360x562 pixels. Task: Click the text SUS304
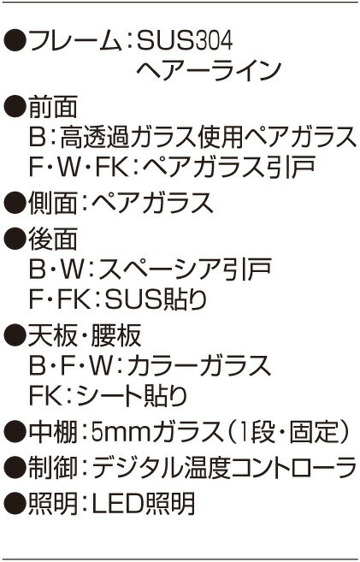(185, 41)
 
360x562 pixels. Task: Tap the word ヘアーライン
(208, 70)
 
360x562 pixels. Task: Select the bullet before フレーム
(15, 41)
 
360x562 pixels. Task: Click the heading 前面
(53, 107)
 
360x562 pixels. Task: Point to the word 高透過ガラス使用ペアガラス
(209, 137)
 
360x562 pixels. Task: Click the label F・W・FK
(80, 167)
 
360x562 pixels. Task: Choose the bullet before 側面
(15, 203)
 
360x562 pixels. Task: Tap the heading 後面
(53, 239)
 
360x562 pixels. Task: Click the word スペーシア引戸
(185, 269)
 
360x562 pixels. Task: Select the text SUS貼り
(156, 299)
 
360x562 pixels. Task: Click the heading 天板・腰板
(85, 335)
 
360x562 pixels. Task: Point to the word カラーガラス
(199, 365)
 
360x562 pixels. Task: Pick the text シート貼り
(132, 395)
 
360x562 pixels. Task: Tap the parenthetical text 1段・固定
(289, 431)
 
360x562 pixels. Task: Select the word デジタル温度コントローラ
(225, 467)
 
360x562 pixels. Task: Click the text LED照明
(144, 503)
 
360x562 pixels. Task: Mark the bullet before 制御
(15, 467)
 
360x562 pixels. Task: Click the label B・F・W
(75, 365)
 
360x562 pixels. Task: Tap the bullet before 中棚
(15, 431)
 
